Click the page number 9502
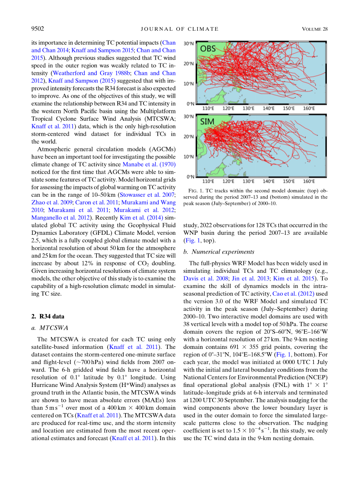click(x=38, y=29)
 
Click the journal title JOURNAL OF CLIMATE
click(x=180, y=29)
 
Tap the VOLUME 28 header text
click(x=315, y=29)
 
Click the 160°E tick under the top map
click(x=309, y=109)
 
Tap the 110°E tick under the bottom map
click(x=208, y=182)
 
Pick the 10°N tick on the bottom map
click(x=188, y=157)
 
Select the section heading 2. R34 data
click(x=48, y=316)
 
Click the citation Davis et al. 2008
click(x=201, y=279)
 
